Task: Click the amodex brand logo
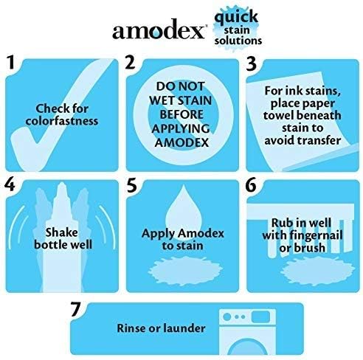[x=159, y=30]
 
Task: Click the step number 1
[x=11, y=62]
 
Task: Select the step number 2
[x=130, y=62]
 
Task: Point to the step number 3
[x=251, y=63]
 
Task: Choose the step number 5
[x=132, y=185]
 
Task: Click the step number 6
[x=251, y=185]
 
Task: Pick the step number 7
[x=75, y=309]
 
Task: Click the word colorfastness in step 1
[x=62, y=121]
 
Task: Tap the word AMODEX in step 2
[x=181, y=142]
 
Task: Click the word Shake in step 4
[x=61, y=232]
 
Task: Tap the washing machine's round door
[x=247, y=347]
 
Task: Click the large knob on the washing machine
[x=227, y=316]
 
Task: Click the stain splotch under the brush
[x=317, y=271]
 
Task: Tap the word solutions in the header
[x=238, y=41]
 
